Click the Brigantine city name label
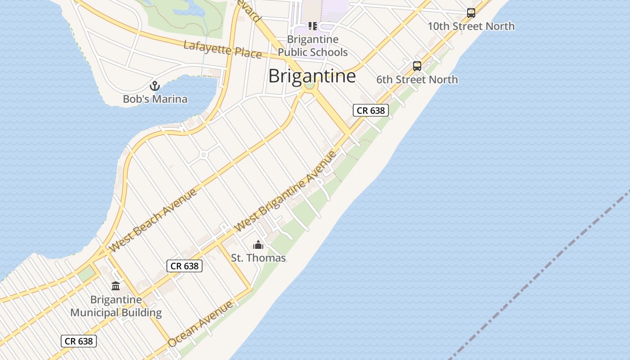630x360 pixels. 312,76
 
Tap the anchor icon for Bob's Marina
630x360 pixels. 155,85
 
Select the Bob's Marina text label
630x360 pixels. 155,99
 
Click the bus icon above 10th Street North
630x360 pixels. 471,13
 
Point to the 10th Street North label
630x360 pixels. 471,26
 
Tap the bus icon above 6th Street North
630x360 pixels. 417,66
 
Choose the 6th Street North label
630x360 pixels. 417,80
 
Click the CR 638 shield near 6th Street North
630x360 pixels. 370,110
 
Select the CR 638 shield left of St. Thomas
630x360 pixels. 184,266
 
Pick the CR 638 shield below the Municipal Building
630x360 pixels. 79,341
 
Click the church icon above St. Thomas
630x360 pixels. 258,245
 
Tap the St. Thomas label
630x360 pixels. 258,258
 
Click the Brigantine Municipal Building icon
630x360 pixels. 116,286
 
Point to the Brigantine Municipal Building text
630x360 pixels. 116,306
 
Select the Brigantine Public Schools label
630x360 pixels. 312,46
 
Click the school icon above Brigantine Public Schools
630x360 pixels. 312,26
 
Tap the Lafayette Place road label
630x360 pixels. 222,49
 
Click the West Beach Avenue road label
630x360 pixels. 153,220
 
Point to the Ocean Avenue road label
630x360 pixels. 201,324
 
